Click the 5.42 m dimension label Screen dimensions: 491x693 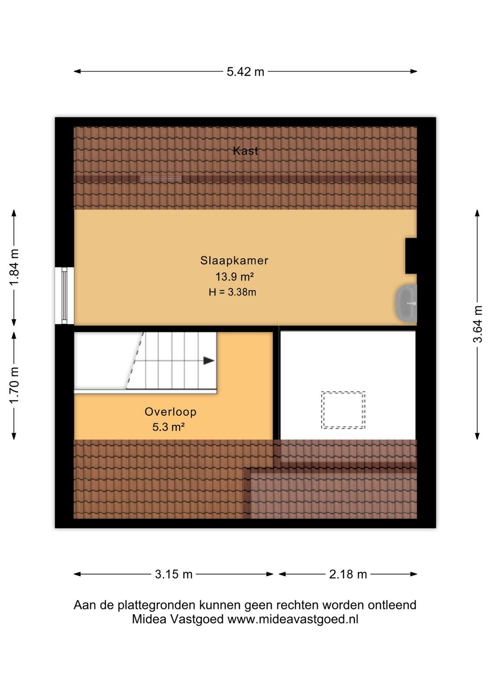pos(245,72)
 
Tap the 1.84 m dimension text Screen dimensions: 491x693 pos(15,268)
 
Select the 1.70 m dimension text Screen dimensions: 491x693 pos(15,385)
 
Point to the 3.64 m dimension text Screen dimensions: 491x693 pos(478,324)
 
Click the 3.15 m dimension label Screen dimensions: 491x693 pos(173,574)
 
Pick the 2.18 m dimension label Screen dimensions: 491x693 pos(348,574)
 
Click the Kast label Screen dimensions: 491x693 pos(245,151)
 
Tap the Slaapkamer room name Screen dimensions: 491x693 pos(234,260)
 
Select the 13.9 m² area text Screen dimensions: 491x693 pos(235,277)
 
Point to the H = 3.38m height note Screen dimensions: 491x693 pos(232,292)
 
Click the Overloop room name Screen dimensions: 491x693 pos(170,412)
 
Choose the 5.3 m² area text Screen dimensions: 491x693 pos(169,427)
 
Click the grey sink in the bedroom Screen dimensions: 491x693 pos(406,303)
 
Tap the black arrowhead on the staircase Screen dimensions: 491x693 pos(209,361)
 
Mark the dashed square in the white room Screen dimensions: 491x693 pos(343,410)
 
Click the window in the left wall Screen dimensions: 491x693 pos(65,296)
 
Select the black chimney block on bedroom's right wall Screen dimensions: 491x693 pos(411,256)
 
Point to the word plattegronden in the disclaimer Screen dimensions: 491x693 pos(157,605)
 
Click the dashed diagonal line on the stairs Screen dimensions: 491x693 pos(134,360)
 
